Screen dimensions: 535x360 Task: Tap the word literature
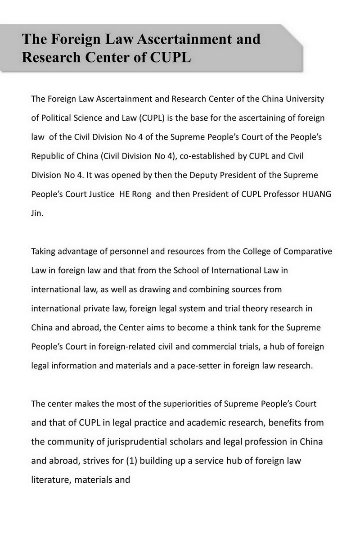[49, 480]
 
